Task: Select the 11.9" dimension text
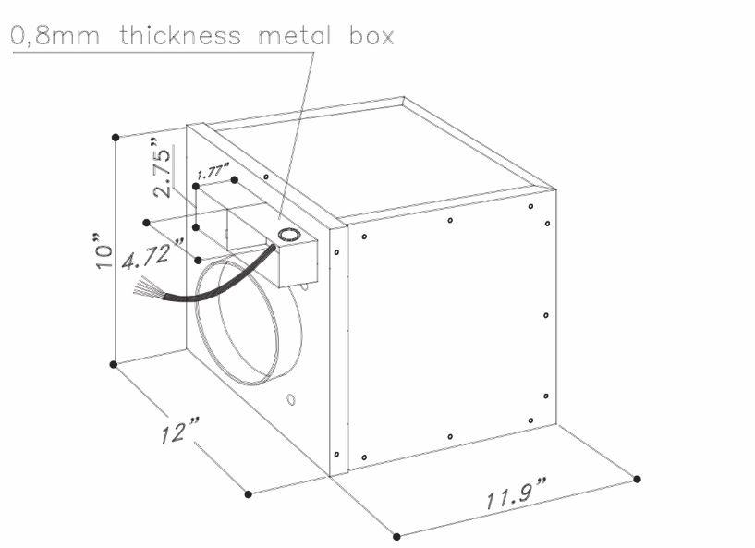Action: point(516,498)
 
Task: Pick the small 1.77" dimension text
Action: point(215,171)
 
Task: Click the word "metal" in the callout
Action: point(291,36)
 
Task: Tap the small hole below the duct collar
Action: point(290,399)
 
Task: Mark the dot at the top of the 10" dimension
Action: point(115,137)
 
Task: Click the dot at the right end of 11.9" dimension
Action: point(637,478)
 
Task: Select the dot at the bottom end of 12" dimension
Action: point(248,493)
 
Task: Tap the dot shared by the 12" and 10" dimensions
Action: point(115,364)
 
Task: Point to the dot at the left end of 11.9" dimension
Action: point(396,536)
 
